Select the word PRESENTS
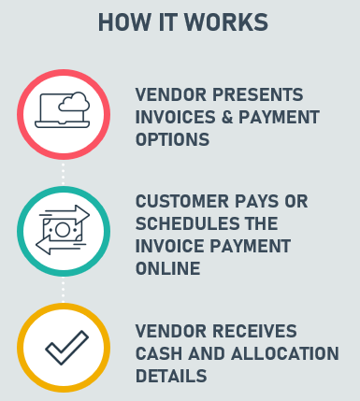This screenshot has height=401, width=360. coord(257,94)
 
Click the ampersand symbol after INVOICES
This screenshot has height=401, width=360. coord(227,117)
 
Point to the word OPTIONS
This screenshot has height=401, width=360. coord(172,139)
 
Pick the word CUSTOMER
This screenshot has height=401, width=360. coord(182,201)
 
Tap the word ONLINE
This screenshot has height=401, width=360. coord(167,268)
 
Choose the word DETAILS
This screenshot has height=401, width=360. coord(171,376)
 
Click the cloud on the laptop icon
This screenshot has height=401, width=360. coord(74,102)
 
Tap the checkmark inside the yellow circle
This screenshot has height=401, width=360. coord(67,348)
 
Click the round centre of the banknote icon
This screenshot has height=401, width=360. coord(63,230)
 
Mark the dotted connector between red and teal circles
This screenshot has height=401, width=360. coord(64,174)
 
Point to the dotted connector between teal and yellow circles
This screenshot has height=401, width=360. coord(64,291)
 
